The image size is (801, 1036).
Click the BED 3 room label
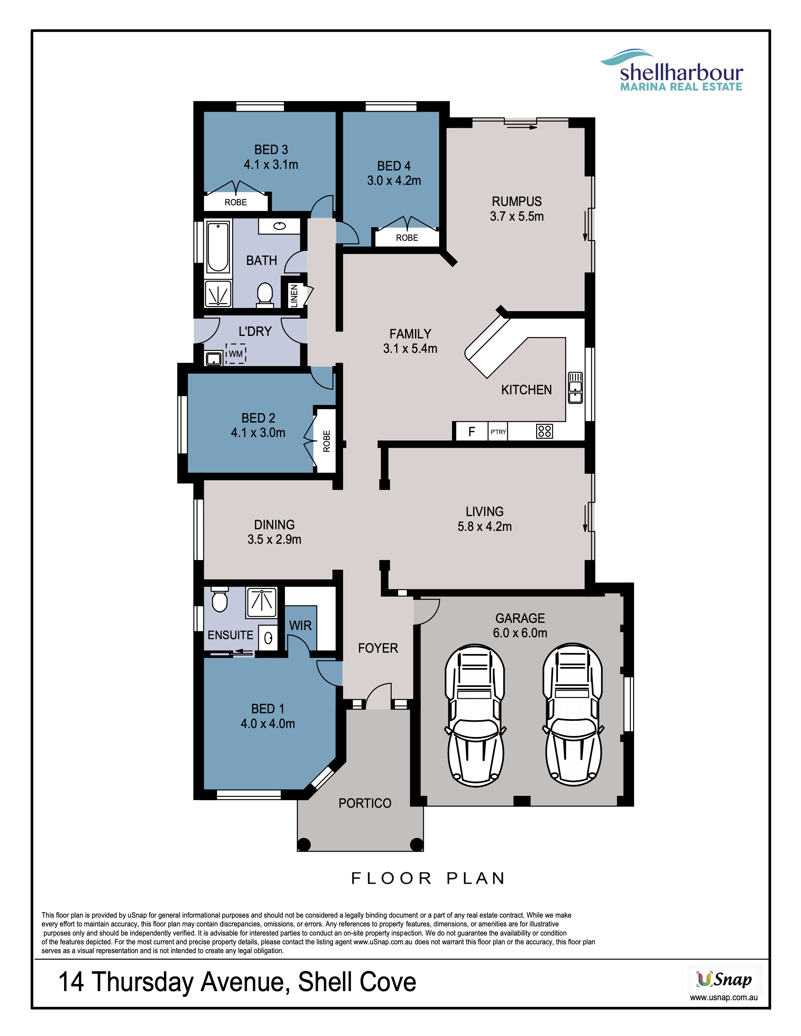[271, 150]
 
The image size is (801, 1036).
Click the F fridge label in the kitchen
[472, 432]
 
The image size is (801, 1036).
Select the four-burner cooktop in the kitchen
[545, 431]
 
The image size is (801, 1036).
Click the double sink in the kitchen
[575, 387]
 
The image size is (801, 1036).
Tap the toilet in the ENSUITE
[219, 600]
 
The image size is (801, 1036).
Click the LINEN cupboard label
[294, 295]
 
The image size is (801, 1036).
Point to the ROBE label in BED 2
[326, 441]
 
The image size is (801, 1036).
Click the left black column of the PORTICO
[304, 845]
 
